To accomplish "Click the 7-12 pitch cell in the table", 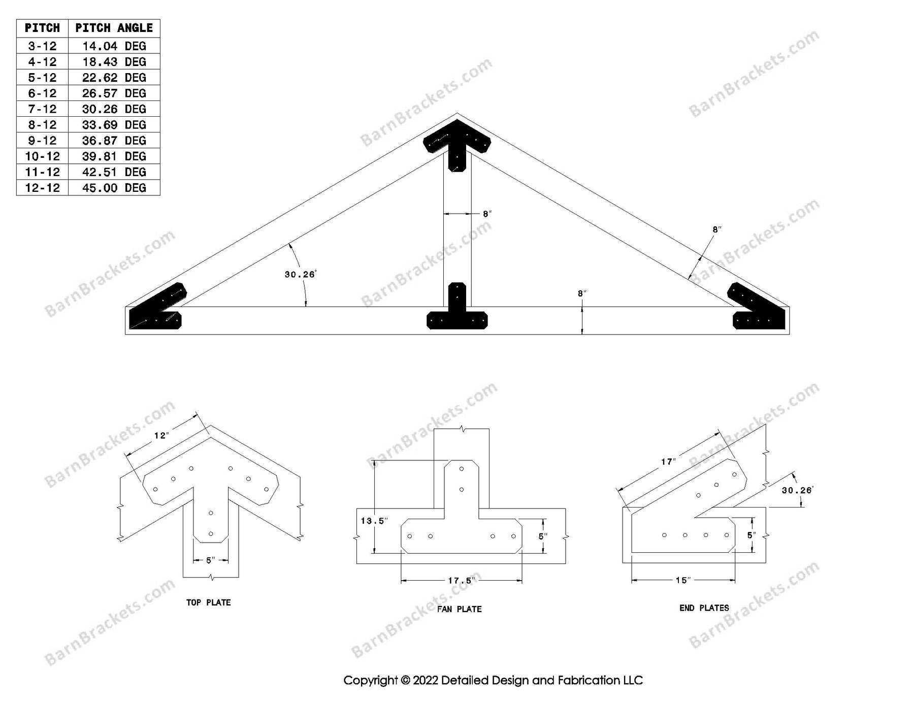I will point(42,109).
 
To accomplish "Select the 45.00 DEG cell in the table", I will point(114,188).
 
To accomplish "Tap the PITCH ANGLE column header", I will point(114,28).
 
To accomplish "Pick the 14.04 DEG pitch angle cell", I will point(114,46).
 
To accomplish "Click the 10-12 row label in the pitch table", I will point(42,156).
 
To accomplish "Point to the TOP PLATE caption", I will point(208,602).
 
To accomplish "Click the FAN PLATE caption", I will point(459,609).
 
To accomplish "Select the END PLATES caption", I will point(704,608).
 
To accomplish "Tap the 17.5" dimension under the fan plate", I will point(461,580).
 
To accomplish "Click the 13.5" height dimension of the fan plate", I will point(374,521).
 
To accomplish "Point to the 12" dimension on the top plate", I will point(161,435).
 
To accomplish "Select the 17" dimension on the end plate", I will point(668,462).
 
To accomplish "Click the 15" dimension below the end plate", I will point(683,580).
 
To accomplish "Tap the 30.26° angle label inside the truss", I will point(300,275).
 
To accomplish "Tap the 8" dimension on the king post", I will point(487,214).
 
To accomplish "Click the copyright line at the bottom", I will point(493,680).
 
